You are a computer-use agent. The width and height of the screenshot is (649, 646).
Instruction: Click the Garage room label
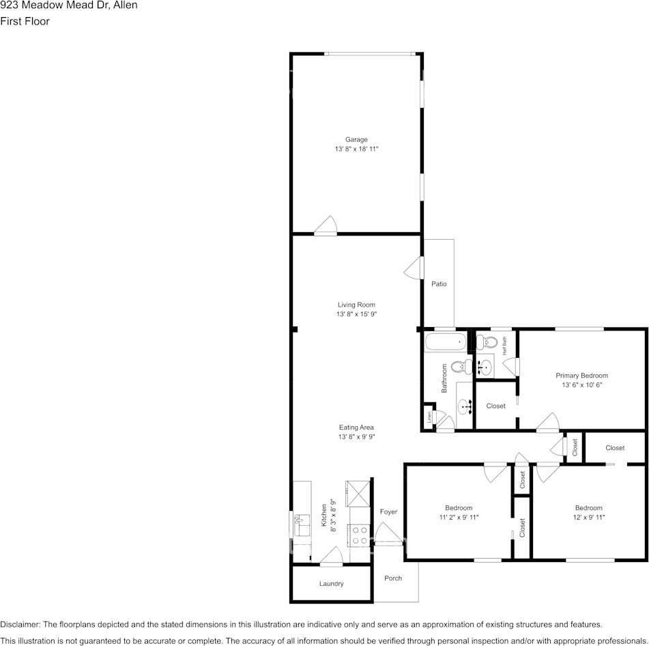pos(356,139)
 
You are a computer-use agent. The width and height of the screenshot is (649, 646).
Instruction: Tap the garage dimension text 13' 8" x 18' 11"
pos(356,149)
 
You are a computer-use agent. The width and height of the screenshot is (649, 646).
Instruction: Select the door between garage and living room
pos(326,227)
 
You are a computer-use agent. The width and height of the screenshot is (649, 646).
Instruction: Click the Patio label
pos(439,283)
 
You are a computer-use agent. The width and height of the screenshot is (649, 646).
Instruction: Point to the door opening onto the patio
pos(414,268)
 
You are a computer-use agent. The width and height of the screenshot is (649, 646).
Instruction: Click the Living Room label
pos(356,305)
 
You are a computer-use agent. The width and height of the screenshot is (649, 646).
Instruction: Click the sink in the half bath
pos(485,367)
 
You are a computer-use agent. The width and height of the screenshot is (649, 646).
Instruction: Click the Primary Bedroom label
pos(581,375)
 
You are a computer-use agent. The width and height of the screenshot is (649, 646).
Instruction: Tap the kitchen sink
pos(301,526)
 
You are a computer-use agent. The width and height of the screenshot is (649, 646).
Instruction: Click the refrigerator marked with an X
pos(358,490)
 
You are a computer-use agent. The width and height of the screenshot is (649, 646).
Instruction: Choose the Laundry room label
pos(331,583)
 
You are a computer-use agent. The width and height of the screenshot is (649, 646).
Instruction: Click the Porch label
pos(393,578)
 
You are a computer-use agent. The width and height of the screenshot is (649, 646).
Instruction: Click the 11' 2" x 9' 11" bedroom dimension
pos(459,518)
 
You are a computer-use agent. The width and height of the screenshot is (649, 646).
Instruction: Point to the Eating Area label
pos(356,427)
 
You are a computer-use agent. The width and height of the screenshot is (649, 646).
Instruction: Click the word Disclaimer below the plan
pos(20,624)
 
